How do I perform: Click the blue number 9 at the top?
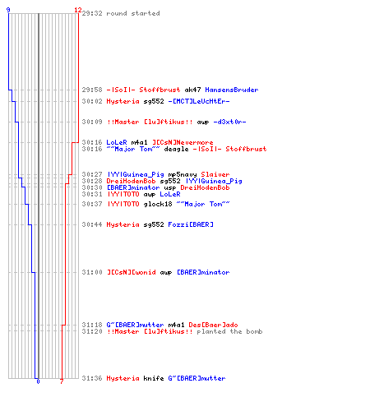point(8,10)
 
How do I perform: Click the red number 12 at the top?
point(78,10)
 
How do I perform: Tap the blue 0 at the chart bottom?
point(38,381)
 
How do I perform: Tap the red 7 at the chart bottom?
point(62,381)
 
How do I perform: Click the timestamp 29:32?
point(92,13)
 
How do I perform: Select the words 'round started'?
point(133,13)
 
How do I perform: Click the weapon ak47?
point(192,90)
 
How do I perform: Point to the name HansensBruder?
point(232,90)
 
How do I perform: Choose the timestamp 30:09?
point(92,122)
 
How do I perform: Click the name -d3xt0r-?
point(229,122)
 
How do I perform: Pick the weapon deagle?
point(176,149)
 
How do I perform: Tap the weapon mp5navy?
point(183,174)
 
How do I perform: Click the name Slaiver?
point(215,174)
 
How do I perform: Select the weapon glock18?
point(158,204)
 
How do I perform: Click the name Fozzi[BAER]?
point(191,224)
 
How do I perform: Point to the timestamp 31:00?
point(92,272)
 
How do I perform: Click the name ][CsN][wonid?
point(131,272)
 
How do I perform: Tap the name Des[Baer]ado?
point(213,325)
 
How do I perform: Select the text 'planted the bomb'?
point(229,332)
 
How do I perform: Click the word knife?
point(154,378)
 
